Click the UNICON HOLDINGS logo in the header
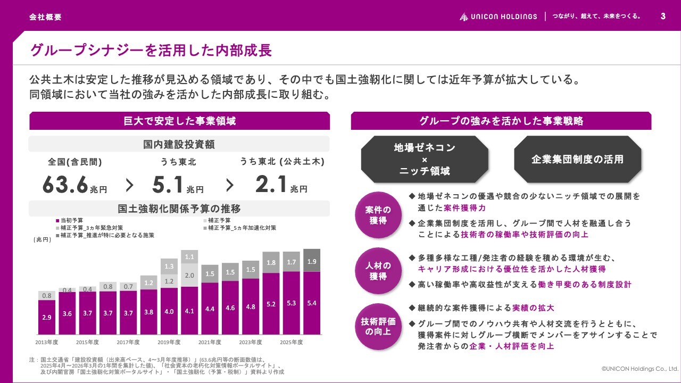pos(498,16)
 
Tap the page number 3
pos(663,16)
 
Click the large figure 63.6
pos(65,185)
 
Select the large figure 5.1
pos(167,185)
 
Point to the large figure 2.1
pos(271,184)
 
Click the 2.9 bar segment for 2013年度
pos(47,317)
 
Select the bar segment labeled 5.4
pos(312,303)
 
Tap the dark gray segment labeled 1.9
pos(312,261)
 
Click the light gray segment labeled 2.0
pos(189,275)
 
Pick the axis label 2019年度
pos(169,342)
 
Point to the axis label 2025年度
pos(291,342)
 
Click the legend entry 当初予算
pos(69,220)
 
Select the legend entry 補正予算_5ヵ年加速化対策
pos(240,228)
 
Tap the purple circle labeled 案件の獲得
pos(378,215)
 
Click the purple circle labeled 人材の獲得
pos(378,271)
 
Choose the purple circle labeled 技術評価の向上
pos(378,327)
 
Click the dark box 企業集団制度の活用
pos(577,159)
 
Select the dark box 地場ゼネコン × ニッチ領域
pos(425,159)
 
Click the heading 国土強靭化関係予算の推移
pos(179,209)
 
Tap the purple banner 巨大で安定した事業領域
pos(179,121)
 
